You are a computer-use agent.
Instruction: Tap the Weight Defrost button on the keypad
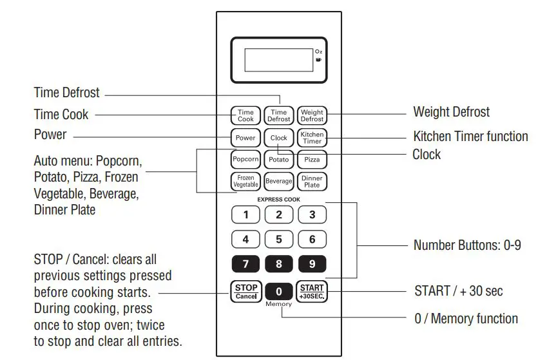click(312, 116)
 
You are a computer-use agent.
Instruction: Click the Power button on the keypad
click(245, 138)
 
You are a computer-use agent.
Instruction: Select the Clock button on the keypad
click(279, 138)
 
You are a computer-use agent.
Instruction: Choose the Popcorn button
click(245, 159)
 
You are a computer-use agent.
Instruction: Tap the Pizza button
click(312, 159)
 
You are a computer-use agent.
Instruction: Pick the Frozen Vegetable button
click(245, 181)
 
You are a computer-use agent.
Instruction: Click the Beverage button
click(279, 181)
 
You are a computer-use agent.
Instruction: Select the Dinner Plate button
click(312, 181)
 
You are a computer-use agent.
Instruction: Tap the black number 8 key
click(279, 264)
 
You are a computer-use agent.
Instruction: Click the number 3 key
click(312, 215)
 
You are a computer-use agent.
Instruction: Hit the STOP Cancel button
click(245, 292)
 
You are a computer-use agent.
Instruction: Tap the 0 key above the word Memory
click(279, 291)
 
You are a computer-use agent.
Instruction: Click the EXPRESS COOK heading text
click(279, 200)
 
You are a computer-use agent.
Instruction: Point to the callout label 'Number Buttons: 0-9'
click(466, 245)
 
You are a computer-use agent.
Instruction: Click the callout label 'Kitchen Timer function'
click(470, 137)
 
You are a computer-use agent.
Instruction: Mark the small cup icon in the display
click(318, 60)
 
